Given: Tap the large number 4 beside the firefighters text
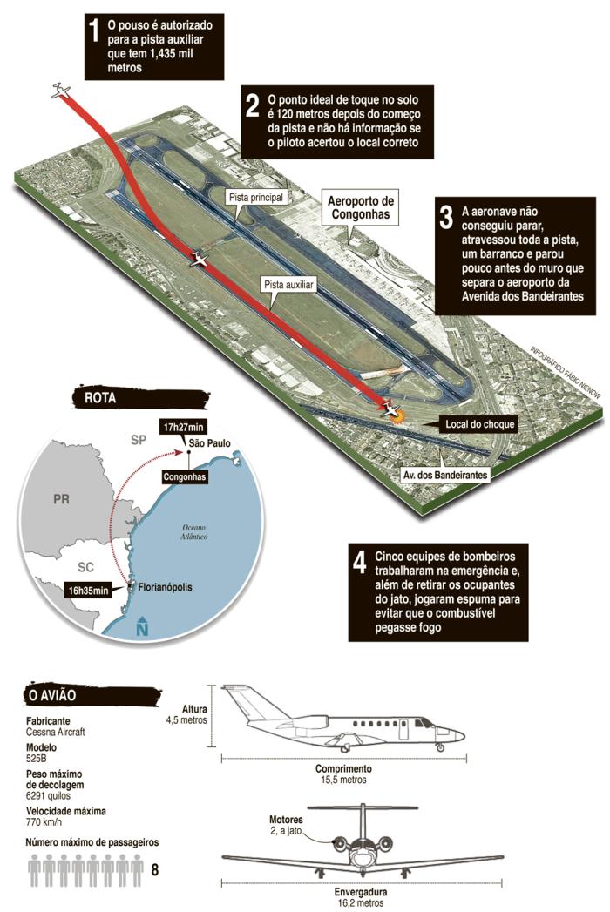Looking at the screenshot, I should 359,564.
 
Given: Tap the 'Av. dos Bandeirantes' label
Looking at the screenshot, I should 444,475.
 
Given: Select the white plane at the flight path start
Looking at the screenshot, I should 59,90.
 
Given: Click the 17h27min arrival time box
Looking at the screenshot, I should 184,427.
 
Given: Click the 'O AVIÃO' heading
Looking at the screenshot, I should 54,695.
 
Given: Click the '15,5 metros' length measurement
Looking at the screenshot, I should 342,780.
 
